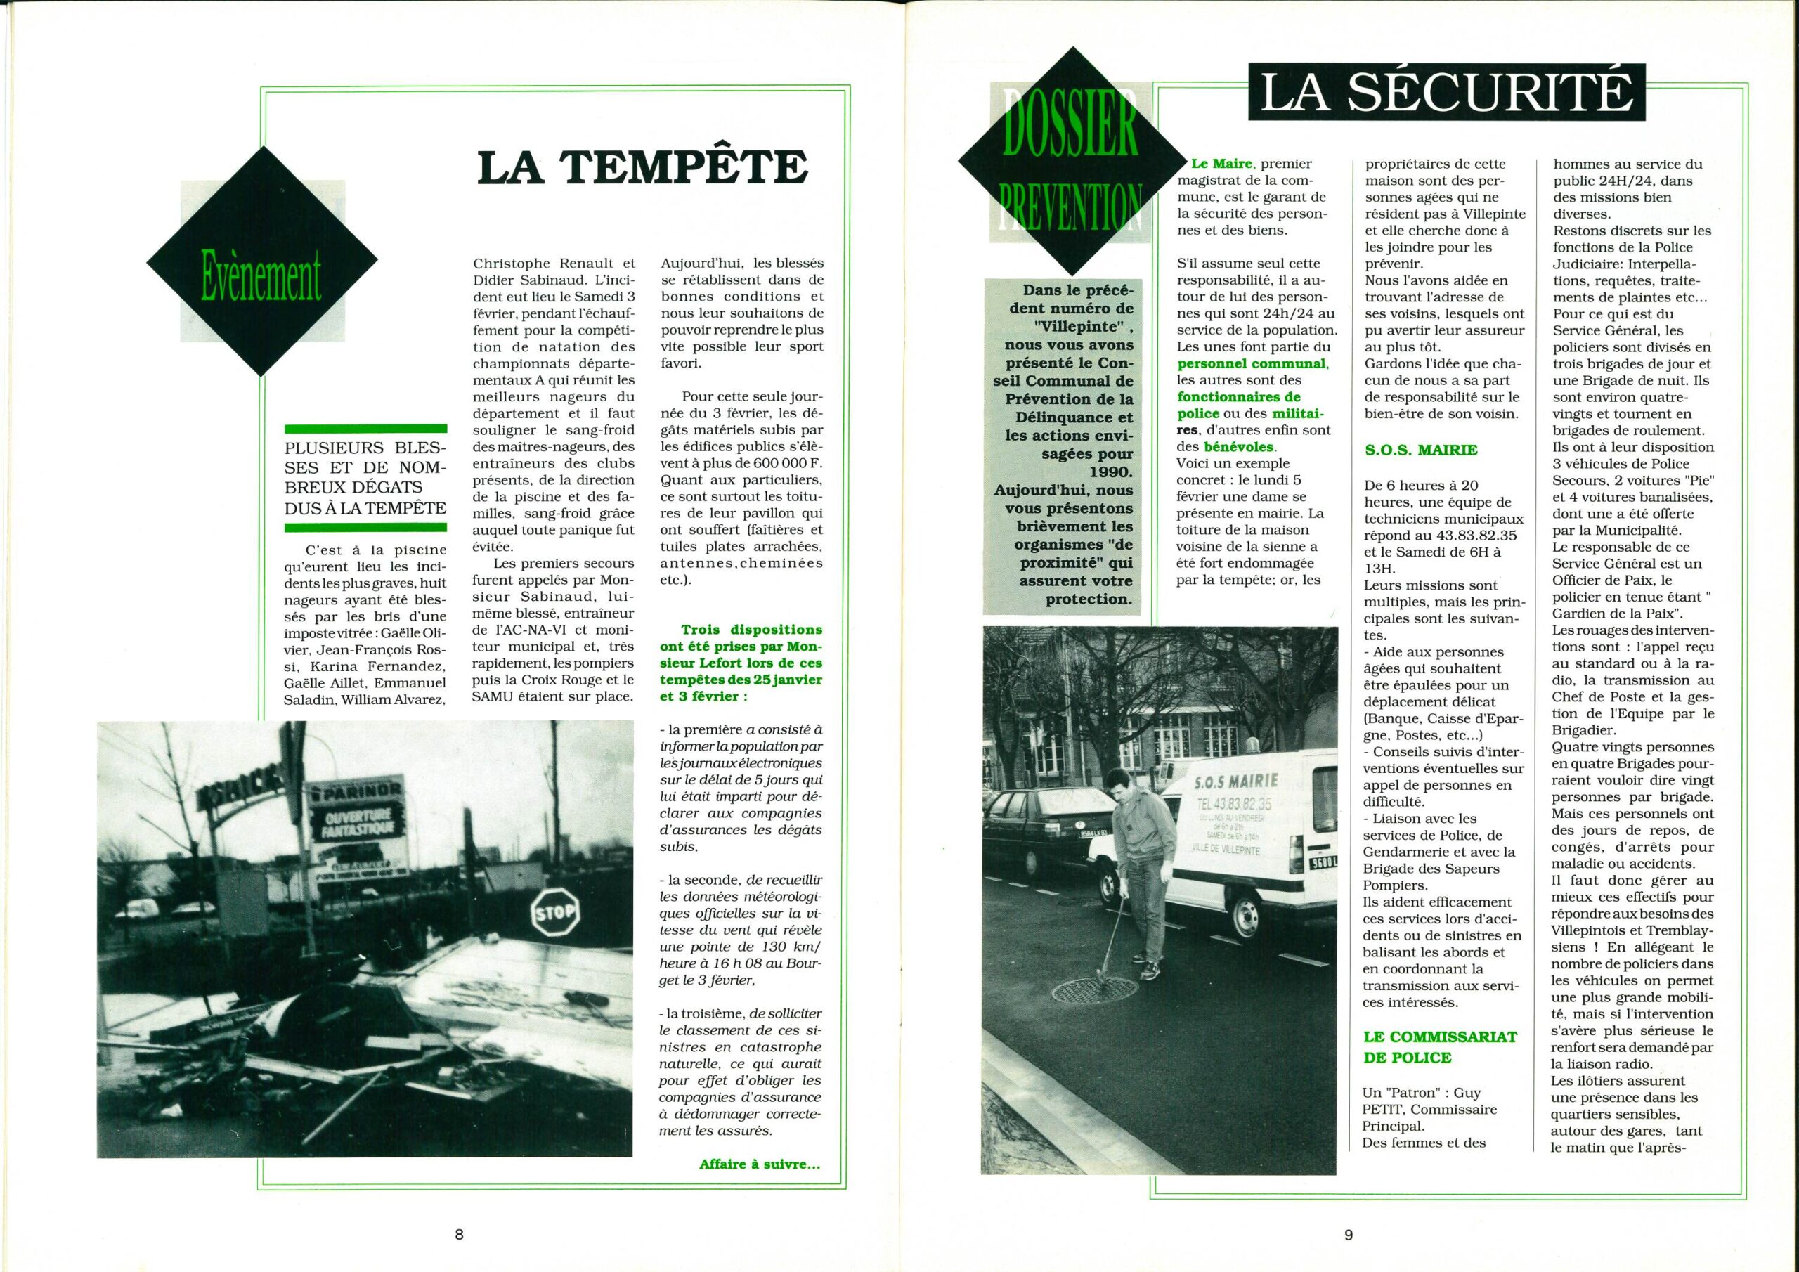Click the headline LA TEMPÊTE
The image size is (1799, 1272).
tap(642, 168)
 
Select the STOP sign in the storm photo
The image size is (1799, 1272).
tap(556, 911)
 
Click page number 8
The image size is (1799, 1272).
tap(459, 1234)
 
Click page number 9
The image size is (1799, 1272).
tap(1348, 1234)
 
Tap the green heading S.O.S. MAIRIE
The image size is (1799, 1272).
tap(1420, 450)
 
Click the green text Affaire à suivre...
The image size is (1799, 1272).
tap(759, 1186)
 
